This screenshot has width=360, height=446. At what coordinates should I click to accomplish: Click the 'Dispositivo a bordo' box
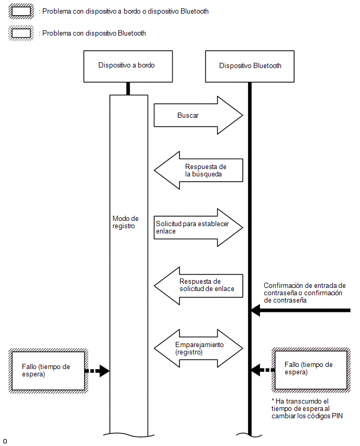point(128,66)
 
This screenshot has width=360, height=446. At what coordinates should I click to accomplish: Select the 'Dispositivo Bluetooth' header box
point(250,66)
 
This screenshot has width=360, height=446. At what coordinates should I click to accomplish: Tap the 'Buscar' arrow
point(198,115)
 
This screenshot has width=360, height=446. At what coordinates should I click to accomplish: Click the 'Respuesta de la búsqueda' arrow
point(198,170)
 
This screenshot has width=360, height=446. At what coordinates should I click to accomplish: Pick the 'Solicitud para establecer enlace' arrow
point(198,228)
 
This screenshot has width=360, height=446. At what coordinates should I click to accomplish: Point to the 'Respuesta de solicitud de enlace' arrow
point(198,286)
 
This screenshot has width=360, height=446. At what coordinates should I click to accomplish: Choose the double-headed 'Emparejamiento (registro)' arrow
point(198,349)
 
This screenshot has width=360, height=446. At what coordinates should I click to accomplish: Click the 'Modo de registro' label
point(126,222)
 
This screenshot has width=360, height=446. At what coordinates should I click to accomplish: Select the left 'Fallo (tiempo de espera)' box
point(48,371)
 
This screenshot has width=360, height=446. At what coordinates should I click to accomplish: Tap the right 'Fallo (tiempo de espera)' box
point(311,370)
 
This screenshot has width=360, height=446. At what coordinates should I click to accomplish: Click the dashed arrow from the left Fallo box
point(97,371)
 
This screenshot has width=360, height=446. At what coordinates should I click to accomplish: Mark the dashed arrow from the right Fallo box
point(263,370)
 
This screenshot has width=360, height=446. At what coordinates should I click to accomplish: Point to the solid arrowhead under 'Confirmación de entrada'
point(256,310)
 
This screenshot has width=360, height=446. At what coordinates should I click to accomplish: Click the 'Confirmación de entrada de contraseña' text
point(305,293)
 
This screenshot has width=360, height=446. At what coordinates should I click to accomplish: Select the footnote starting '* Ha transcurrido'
point(307,408)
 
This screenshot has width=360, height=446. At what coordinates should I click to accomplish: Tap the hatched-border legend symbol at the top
point(21,12)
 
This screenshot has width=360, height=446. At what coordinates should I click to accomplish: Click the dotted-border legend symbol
point(21,33)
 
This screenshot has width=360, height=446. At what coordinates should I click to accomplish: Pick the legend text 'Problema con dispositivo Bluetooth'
point(94,34)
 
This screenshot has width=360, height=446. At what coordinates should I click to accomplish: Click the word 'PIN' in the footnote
point(337,416)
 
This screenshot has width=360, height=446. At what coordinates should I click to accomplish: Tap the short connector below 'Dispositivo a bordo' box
point(128,89)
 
